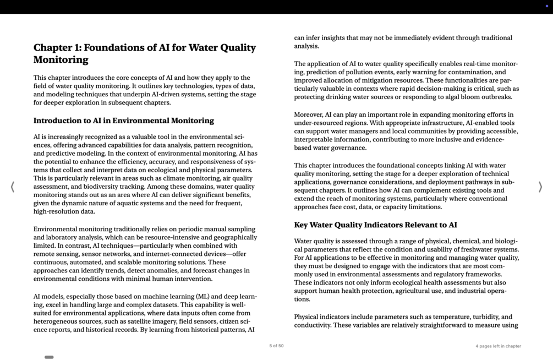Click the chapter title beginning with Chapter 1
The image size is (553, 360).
(x=144, y=53)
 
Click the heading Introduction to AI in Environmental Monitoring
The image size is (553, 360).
(x=123, y=121)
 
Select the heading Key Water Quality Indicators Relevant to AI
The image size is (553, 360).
(x=375, y=225)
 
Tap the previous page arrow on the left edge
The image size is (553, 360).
(x=13, y=187)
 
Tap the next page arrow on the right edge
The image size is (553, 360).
(x=540, y=187)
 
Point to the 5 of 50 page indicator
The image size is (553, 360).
(x=276, y=346)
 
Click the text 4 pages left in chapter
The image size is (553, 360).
(x=498, y=346)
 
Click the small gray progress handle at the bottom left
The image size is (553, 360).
(x=49, y=357)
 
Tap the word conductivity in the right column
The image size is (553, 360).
(x=313, y=325)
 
